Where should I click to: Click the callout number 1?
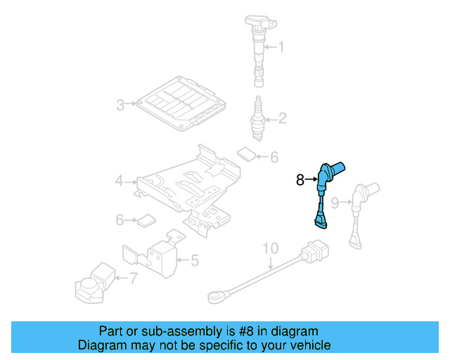(x=281, y=48)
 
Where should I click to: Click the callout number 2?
(x=282, y=118)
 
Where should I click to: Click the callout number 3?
(x=120, y=105)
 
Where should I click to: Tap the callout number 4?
(x=120, y=182)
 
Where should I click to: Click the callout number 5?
(x=194, y=261)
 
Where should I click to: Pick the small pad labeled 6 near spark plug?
(x=246, y=153)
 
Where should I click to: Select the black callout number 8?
(x=300, y=180)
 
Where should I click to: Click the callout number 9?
(x=335, y=202)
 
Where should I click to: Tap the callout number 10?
(x=271, y=248)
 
